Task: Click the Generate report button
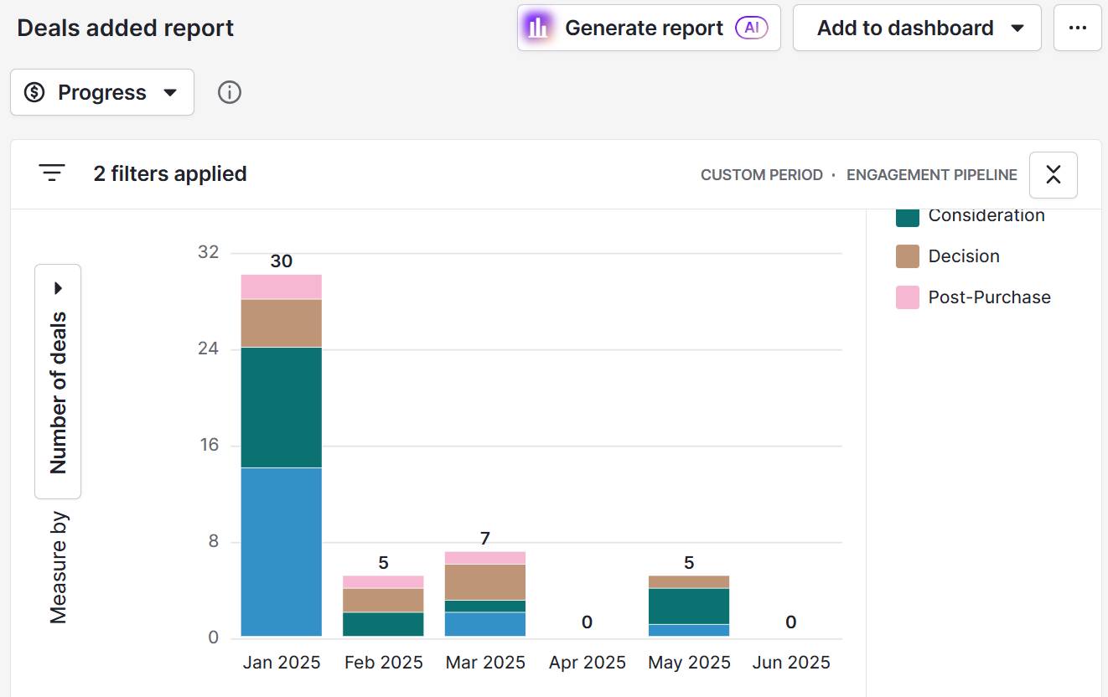(x=648, y=28)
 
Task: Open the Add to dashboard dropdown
(x=916, y=28)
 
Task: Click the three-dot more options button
(x=1077, y=28)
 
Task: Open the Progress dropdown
(x=102, y=92)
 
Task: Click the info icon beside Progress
(x=230, y=92)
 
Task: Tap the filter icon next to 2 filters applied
(x=52, y=173)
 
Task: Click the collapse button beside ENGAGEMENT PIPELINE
(x=1053, y=174)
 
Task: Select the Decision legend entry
(x=963, y=256)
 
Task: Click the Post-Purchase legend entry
(x=988, y=297)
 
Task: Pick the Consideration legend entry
(x=986, y=215)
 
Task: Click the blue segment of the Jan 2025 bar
(x=282, y=552)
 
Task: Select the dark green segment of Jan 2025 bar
(x=282, y=407)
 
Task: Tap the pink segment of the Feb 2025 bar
(x=383, y=581)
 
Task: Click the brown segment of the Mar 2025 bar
(x=484, y=581)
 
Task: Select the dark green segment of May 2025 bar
(x=688, y=606)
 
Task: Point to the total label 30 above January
(x=282, y=261)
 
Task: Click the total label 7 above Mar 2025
(x=484, y=538)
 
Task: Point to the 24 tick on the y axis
(x=208, y=348)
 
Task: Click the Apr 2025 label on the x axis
(x=587, y=663)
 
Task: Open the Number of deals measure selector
(x=58, y=382)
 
